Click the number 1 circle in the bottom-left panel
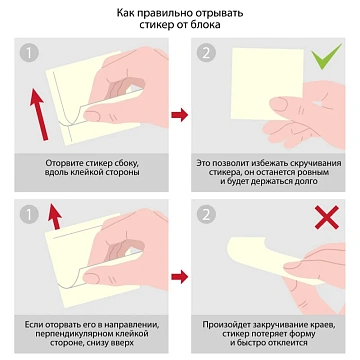click(33, 213)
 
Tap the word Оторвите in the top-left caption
click(66, 162)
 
